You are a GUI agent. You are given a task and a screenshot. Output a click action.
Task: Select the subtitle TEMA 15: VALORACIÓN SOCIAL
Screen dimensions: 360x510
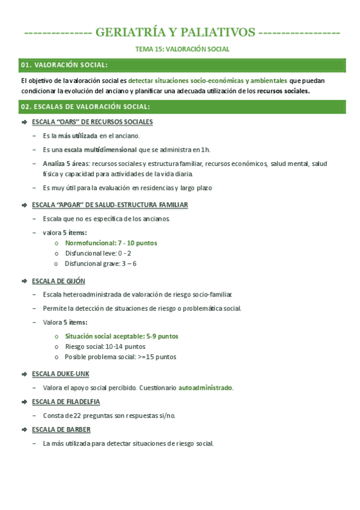[181, 49]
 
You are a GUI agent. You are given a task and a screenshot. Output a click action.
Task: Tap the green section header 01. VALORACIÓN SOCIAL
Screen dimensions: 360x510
[64, 65]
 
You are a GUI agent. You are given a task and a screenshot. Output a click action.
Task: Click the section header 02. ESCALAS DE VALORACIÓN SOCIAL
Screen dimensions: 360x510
[85, 107]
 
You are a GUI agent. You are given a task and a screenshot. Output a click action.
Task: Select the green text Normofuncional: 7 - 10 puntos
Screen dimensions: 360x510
[111, 243]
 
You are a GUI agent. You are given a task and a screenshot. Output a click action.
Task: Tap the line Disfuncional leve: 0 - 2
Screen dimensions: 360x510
[98, 253]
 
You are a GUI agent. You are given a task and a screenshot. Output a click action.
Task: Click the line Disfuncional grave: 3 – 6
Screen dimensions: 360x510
[100, 263]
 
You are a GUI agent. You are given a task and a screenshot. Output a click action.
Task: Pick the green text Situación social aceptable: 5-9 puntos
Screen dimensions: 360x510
[121, 336]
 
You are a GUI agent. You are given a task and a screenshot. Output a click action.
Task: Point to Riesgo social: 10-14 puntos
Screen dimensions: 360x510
[105, 346]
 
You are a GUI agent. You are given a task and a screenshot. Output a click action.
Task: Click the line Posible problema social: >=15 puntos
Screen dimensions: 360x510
[120, 357]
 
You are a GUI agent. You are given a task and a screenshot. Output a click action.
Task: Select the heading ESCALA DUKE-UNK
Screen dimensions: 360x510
[60, 373]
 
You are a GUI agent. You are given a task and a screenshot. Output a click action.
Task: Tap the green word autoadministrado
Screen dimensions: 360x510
[206, 388]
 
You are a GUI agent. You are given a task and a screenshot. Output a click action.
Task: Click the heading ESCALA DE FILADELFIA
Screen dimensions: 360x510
[66, 402]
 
